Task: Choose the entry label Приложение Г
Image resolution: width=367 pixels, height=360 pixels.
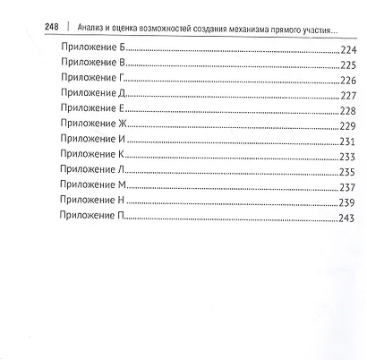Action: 90,81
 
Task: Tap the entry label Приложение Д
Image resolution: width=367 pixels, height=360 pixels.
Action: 90,96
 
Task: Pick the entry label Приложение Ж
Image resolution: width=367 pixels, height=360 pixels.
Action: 91,124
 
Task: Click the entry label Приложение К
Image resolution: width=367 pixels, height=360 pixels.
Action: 90,156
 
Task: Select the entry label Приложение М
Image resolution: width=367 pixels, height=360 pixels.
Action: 90,186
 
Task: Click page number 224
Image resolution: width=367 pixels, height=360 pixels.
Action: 349,51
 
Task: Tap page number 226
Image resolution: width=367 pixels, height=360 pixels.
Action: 349,81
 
